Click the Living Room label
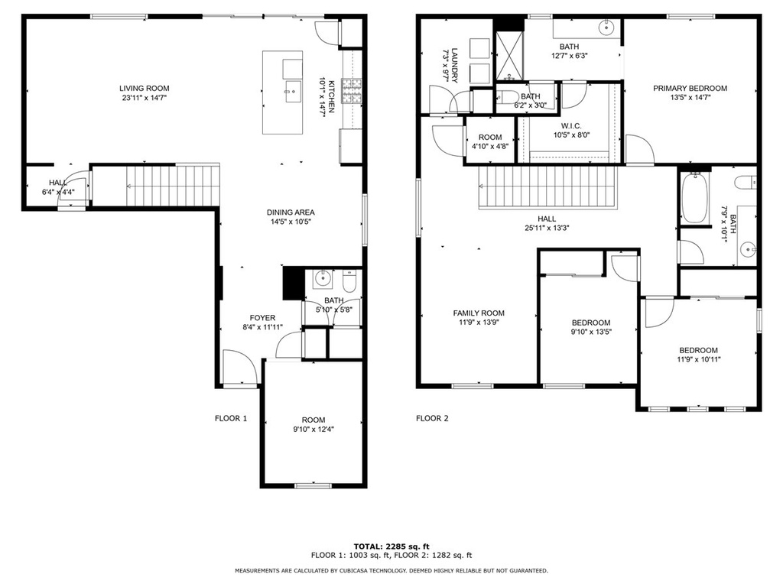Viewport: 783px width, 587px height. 144,89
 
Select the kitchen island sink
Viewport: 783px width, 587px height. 294,92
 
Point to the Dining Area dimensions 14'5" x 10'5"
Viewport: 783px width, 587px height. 291,222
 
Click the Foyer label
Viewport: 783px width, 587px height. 263,318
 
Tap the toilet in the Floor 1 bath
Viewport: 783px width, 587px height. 349,281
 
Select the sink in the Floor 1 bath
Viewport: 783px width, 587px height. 323,278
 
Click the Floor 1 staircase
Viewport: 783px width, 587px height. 173,186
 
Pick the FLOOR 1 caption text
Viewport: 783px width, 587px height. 231,418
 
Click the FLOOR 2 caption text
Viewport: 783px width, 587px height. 432,418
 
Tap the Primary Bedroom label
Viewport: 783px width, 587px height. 690,89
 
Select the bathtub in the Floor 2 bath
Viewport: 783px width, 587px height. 694,198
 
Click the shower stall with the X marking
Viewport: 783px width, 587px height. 509,55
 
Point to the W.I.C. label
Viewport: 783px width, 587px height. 571,126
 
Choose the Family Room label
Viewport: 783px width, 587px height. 479,313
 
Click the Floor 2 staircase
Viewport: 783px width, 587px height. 547,187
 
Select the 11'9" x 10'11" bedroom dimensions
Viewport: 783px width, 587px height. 699,359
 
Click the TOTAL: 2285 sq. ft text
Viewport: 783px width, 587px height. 391,546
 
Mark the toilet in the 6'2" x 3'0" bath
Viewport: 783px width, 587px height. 509,96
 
